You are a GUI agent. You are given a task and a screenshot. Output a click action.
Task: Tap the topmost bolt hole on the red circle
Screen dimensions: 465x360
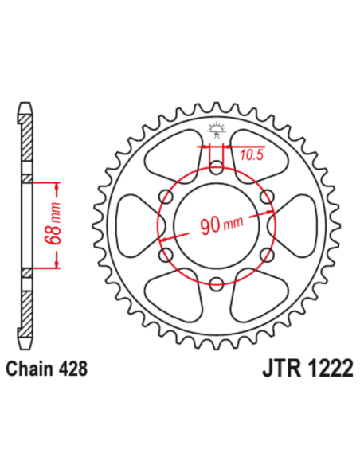pyautogui.click(x=216, y=169)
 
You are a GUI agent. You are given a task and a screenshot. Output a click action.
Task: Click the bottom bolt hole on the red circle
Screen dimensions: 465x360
pyautogui.click(x=216, y=281)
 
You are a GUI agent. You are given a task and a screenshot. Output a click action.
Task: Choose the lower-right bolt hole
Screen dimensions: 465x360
pyautogui.click(x=264, y=253)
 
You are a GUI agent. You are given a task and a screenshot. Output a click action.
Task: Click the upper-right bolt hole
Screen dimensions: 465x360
pyautogui.click(x=264, y=197)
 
